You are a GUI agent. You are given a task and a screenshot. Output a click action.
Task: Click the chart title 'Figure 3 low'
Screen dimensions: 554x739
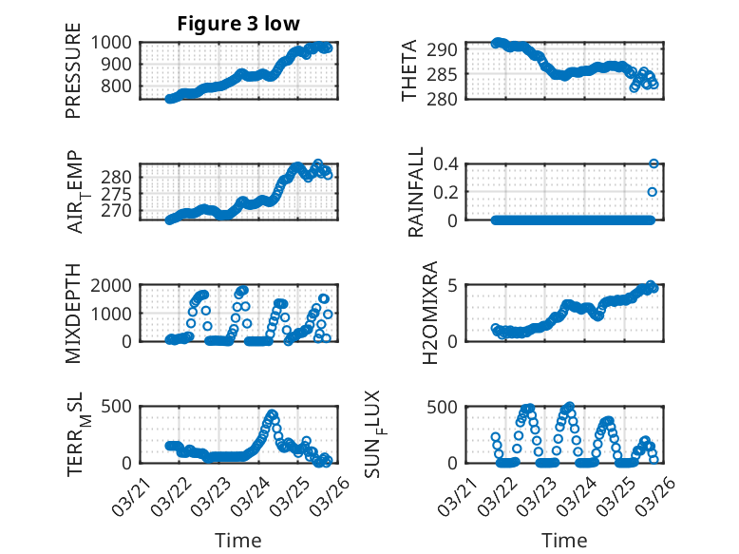237,24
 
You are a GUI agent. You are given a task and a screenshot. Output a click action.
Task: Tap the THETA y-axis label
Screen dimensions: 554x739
409,71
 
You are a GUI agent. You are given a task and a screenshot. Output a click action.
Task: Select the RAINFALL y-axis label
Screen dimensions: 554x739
416,192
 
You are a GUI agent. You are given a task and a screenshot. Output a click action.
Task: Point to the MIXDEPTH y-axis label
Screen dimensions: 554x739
74,314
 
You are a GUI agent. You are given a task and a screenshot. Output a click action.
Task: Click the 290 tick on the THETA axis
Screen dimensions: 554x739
448,49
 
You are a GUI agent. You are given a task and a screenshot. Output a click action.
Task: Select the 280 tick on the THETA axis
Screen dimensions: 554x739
448,99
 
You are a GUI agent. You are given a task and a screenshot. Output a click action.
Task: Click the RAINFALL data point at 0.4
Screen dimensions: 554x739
654,163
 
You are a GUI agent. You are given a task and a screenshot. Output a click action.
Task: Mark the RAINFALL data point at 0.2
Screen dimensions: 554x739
653,192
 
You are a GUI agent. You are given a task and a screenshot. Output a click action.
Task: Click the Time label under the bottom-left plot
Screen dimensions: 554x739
237,540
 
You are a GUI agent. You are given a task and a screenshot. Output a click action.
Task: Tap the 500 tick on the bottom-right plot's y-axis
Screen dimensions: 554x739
448,407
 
